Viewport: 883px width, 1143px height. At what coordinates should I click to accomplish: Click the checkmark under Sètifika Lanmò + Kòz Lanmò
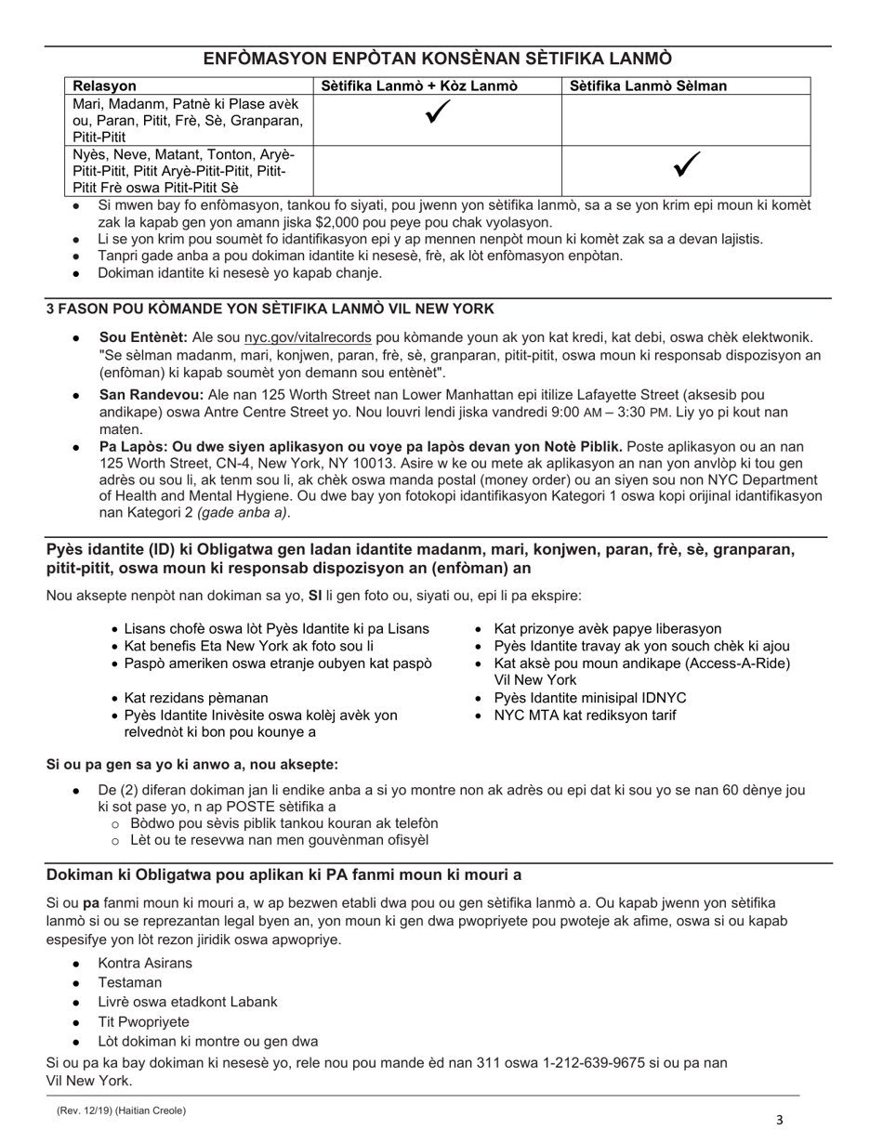tap(438, 113)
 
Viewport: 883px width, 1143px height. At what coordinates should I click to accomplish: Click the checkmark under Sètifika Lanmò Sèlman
tap(686, 165)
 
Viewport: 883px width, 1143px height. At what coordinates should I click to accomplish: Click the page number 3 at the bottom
tap(780, 1120)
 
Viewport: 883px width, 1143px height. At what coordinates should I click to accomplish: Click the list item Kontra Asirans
tap(145, 963)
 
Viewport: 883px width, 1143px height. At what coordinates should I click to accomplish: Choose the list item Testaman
tap(130, 982)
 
